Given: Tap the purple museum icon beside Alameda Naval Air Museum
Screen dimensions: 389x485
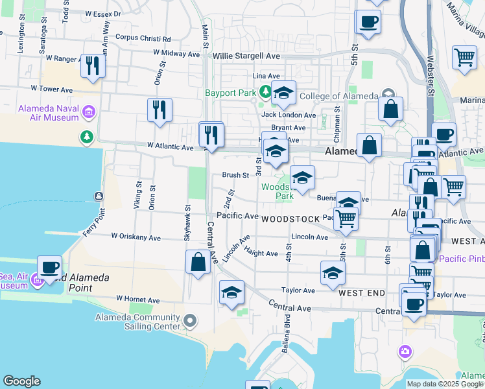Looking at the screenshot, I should [x=89, y=113].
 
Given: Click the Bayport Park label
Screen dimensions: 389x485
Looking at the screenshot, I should [x=230, y=93].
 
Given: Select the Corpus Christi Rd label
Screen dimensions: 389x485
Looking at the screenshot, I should [x=143, y=38].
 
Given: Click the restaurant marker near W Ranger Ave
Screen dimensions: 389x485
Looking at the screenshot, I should [x=93, y=65].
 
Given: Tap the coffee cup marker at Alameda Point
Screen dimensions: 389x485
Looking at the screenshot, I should [x=49, y=266].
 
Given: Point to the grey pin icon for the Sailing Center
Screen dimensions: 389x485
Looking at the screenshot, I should [x=190, y=320].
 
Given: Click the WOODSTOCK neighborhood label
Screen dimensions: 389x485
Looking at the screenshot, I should [x=291, y=219].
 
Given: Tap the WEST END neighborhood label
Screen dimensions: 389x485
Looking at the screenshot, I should [x=362, y=293].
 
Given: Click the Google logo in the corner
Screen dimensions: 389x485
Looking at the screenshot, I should [x=21, y=381].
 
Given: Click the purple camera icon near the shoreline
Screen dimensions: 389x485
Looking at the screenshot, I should [x=405, y=351].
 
